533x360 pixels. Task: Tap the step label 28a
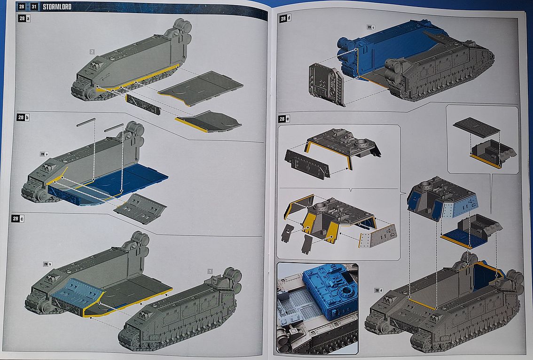(24, 18)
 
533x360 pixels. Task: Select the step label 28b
(24, 117)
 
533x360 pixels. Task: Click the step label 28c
(24, 219)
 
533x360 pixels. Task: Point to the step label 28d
(285, 19)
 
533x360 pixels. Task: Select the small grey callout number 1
(210, 271)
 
